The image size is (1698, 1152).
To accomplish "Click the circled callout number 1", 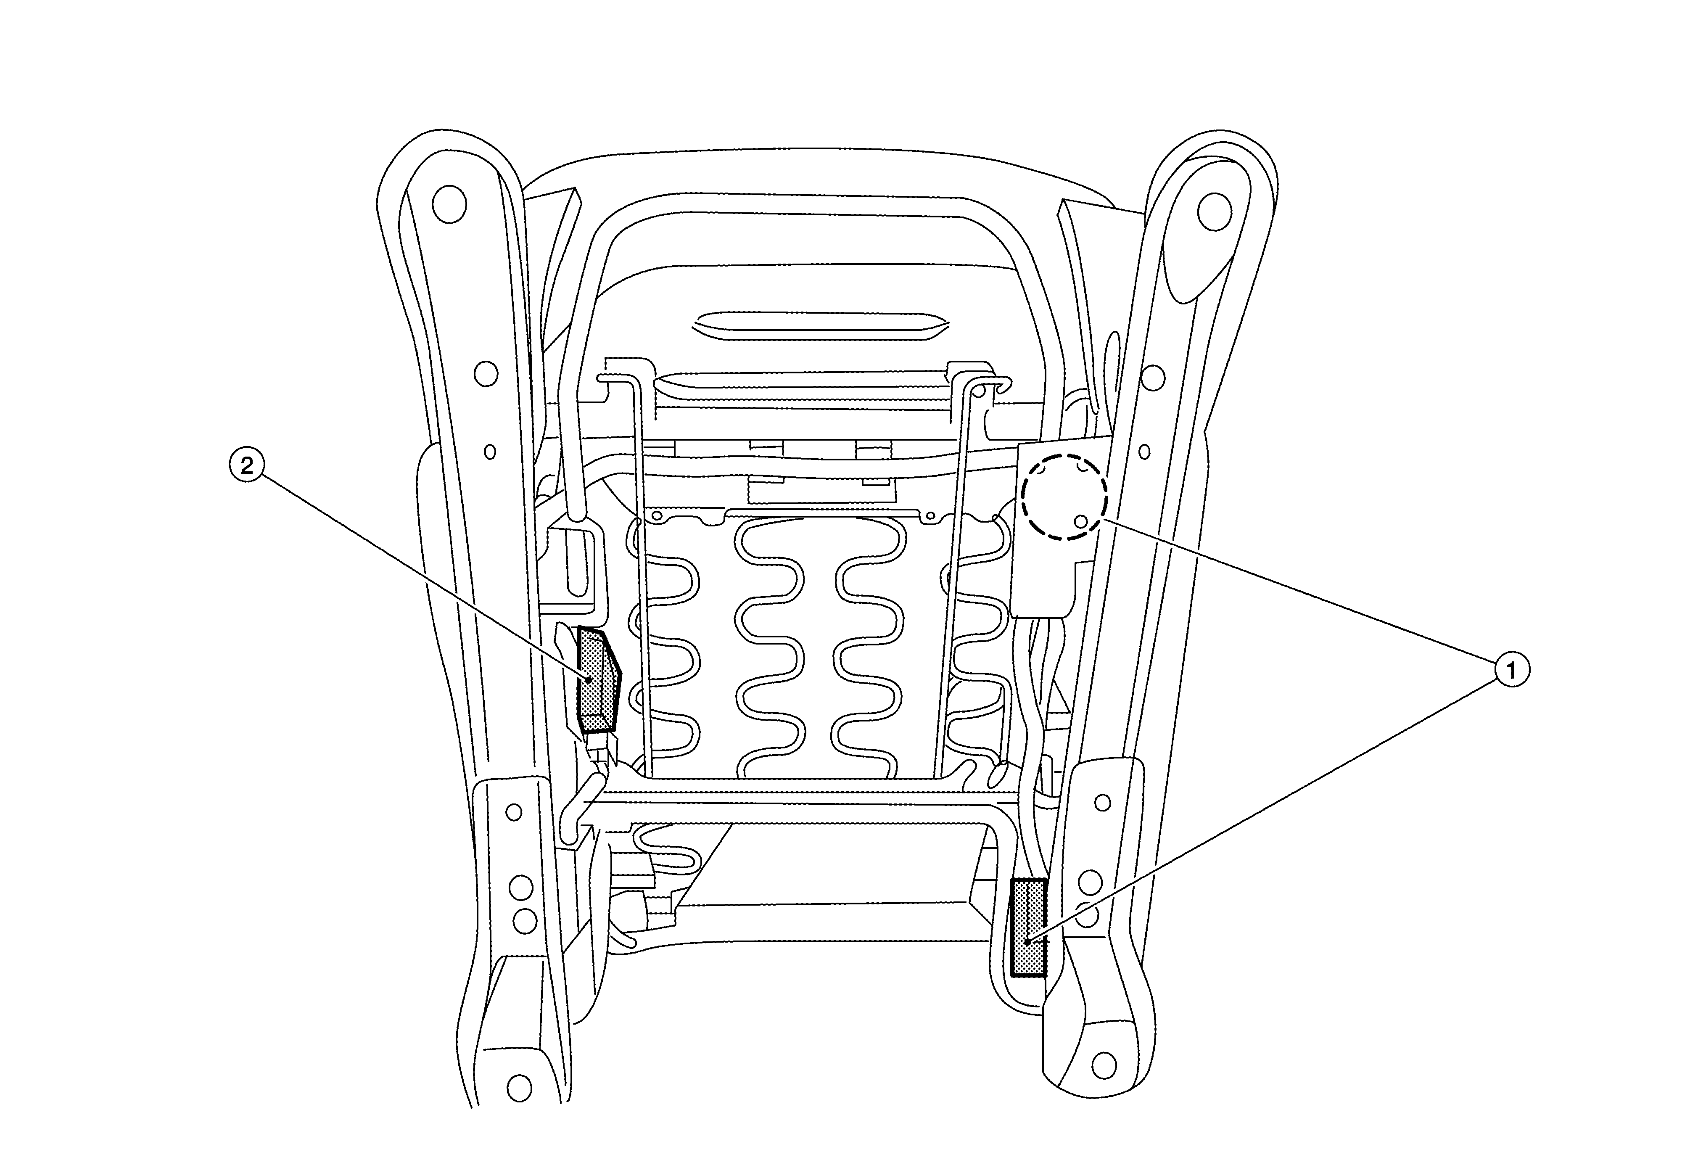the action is click(1512, 670).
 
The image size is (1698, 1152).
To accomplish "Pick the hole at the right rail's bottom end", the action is click(1104, 1065).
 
